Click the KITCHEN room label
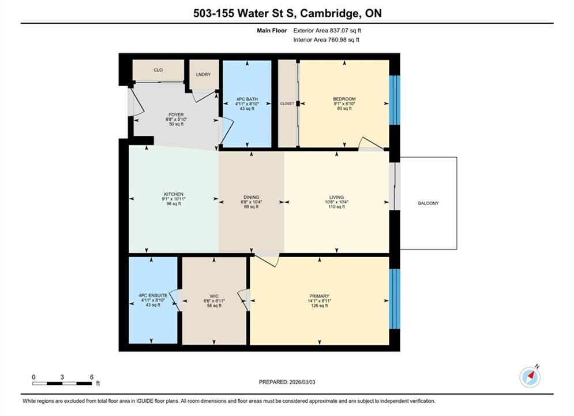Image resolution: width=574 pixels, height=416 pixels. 174,194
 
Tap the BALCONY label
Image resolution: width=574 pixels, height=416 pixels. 428,203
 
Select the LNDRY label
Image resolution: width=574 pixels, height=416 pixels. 203,75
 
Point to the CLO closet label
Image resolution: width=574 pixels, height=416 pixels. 158,70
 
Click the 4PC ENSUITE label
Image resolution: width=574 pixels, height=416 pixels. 153,295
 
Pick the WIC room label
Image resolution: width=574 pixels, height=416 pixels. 214,296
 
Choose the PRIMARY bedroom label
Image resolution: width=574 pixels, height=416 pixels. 319,296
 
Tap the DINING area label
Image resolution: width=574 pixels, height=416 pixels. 251,197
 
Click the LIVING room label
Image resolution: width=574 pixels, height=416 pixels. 336,197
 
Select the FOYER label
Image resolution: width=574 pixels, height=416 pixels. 176,115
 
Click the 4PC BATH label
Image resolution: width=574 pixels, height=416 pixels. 247,99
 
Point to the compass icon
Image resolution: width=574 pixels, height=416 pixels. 530,376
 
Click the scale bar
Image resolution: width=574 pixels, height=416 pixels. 62,384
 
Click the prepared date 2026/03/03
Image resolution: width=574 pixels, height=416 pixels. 302,382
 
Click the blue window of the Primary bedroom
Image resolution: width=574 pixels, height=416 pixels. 394,299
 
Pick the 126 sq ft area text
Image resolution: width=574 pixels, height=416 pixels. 319,306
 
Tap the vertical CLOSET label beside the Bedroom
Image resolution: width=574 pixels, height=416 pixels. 287,104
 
